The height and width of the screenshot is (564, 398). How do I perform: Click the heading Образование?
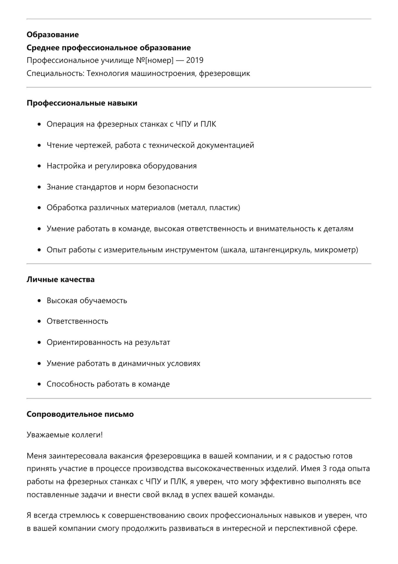click(53, 34)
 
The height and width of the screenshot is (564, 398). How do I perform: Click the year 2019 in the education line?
click(195, 60)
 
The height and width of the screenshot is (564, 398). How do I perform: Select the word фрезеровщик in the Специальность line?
click(224, 73)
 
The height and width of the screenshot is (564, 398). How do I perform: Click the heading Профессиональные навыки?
click(82, 103)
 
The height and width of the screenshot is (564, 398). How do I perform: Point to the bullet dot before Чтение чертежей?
click(39, 145)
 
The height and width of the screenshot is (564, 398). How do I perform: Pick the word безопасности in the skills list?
click(172, 187)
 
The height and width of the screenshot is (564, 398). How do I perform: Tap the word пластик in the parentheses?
click(224, 208)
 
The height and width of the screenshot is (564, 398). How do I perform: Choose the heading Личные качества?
click(60, 279)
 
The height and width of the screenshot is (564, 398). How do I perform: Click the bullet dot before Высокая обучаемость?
click(39, 301)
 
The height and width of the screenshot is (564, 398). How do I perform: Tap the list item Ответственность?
click(77, 321)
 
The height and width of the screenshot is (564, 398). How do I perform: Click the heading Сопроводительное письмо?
click(80, 414)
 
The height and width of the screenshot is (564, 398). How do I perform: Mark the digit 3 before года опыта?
click(324, 468)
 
